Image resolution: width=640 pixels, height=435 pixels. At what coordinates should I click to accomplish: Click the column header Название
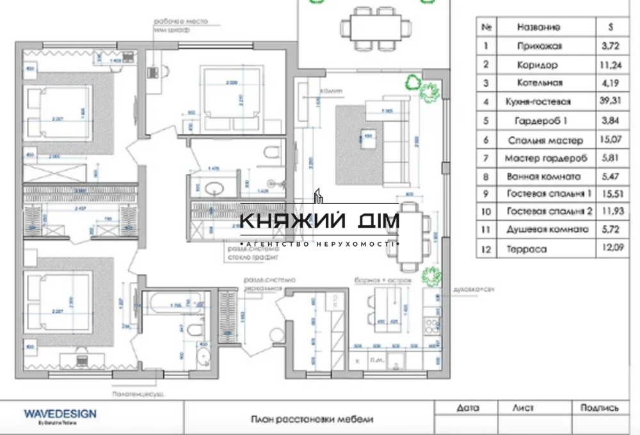tap(539, 28)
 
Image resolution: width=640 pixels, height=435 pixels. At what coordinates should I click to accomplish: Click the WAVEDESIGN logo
tap(60, 414)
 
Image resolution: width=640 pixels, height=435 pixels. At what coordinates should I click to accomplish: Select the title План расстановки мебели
tap(310, 420)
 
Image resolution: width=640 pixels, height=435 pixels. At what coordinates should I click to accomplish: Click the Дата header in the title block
tap(468, 407)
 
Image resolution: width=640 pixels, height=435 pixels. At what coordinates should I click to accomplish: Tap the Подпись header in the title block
tap(600, 407)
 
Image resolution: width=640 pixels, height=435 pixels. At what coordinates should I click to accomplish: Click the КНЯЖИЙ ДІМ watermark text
tap(319, 221)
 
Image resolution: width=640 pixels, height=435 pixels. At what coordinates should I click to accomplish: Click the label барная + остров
tap(382, 280)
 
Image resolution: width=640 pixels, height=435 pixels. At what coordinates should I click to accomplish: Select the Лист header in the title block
tap(523, 407)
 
